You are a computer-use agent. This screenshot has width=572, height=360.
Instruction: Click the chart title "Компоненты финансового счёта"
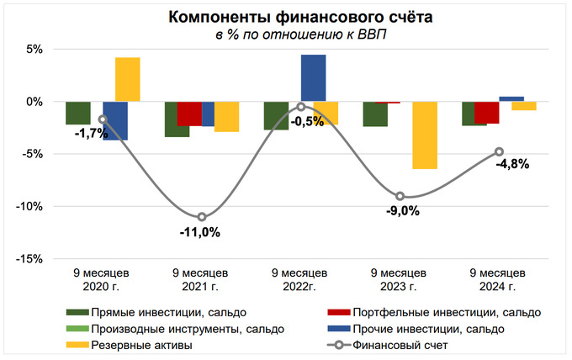pyautogui.click(x=286, y=17)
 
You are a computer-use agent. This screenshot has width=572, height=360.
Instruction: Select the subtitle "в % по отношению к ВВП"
pyautogui.click(x=286, y=34)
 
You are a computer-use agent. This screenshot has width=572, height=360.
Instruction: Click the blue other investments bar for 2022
pyautogui.click(x=313, y=78)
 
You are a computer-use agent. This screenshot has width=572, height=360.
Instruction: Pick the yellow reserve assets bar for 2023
pyautogui.click(x=424, y=135)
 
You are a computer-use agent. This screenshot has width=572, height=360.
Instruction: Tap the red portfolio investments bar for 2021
pyautogui.click(x=189, y=114)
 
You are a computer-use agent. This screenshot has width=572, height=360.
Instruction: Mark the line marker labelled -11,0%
pyautogui.click(x=202, y=217)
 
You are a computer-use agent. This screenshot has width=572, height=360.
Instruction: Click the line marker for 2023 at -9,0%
pyautogui.click(x=400, y=196)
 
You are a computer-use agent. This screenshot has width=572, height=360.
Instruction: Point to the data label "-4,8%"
pyautogui.click(x=512, y=164)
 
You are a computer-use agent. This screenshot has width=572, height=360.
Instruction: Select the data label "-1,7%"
pyautogui.click(x=91, y=133)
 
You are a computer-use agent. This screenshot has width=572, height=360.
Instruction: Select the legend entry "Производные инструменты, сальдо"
pyautogui.click(x=164, y=328)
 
